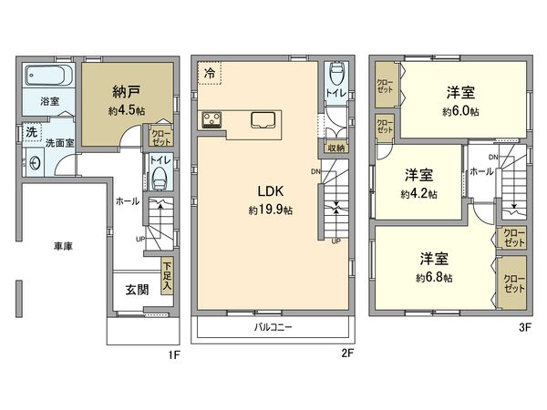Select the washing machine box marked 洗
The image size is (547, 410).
pyautogui.click(x=31, y=133)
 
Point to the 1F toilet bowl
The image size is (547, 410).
pyautogui.click(x=160, y=177)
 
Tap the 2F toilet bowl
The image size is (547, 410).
pyautogui.click(x=335, y=77)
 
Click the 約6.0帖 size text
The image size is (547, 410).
pyautogui.click(x=460, y=112)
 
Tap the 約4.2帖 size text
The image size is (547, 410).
pyautogui.click(x=418, y=194)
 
